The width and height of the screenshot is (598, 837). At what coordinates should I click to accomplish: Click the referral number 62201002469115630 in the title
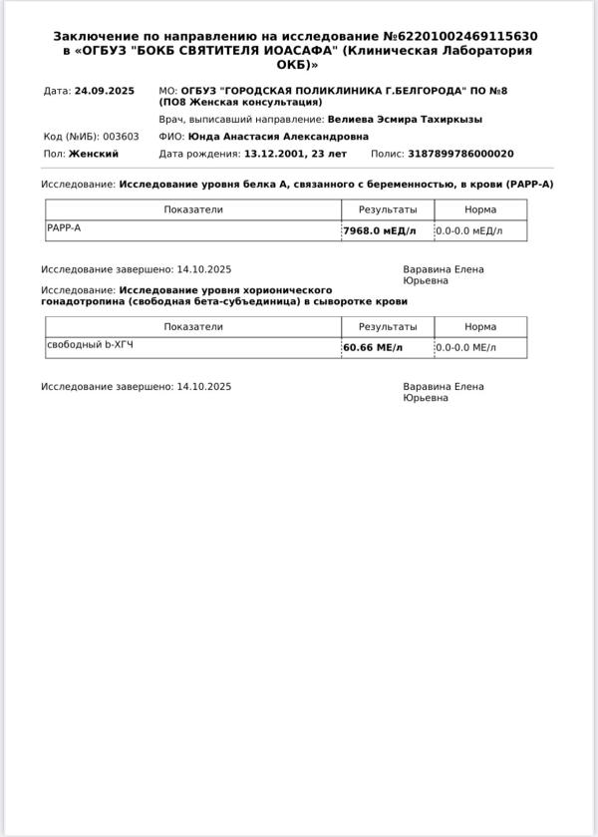[x=469, y=36]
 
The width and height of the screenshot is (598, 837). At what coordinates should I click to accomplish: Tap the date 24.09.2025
[x=104, y=91]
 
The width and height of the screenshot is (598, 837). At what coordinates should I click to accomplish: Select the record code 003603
[x=122, y=137]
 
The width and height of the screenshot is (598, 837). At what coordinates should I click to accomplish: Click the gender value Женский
[x=94, y=154]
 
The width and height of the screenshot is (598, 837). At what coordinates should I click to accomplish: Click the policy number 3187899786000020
[x=460, y=154]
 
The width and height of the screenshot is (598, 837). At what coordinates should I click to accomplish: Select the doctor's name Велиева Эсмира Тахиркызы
[x=405, y=119]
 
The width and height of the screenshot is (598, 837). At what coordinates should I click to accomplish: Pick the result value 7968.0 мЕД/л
[x=380, y=230]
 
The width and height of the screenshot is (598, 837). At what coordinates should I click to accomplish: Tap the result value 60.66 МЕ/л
[x=373, y=347]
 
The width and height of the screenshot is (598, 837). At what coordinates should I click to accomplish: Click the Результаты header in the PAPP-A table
[x=388, y=209]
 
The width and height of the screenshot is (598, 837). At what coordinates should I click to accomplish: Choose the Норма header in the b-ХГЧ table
[x=480, y=326]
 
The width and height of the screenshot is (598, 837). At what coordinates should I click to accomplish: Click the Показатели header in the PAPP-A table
[x=193, y=209]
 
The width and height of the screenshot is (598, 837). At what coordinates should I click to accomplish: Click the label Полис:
[x=387, y=154]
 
